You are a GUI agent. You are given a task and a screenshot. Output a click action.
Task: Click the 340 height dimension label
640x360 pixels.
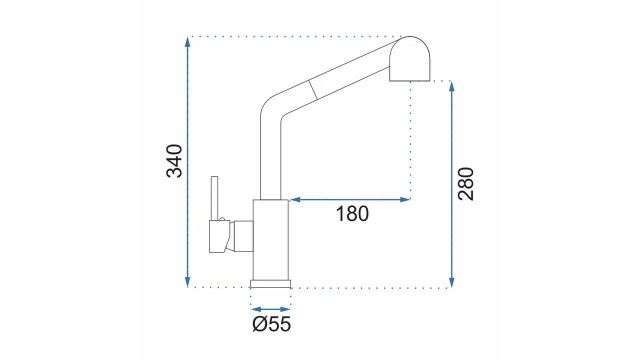point(174,161)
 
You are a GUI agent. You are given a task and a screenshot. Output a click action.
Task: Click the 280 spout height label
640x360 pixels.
point(465,183)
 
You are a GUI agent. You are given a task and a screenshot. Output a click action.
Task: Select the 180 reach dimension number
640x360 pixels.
point(352,213)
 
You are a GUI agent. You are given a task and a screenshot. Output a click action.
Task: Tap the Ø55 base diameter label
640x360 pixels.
point(271,324)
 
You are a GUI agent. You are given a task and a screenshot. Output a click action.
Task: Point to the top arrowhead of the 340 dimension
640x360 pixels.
point(187,41)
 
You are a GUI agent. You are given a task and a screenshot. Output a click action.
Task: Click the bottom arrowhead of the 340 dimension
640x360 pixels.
point(187,282)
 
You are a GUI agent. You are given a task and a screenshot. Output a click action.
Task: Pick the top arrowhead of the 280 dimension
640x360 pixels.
point(451,86)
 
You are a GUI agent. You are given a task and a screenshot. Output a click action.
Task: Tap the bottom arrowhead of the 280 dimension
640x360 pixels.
point(451,282)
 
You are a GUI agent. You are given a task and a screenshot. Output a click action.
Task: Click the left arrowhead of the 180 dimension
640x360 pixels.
point(295,199)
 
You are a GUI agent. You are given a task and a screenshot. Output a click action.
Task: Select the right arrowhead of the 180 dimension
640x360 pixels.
point(405,199)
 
